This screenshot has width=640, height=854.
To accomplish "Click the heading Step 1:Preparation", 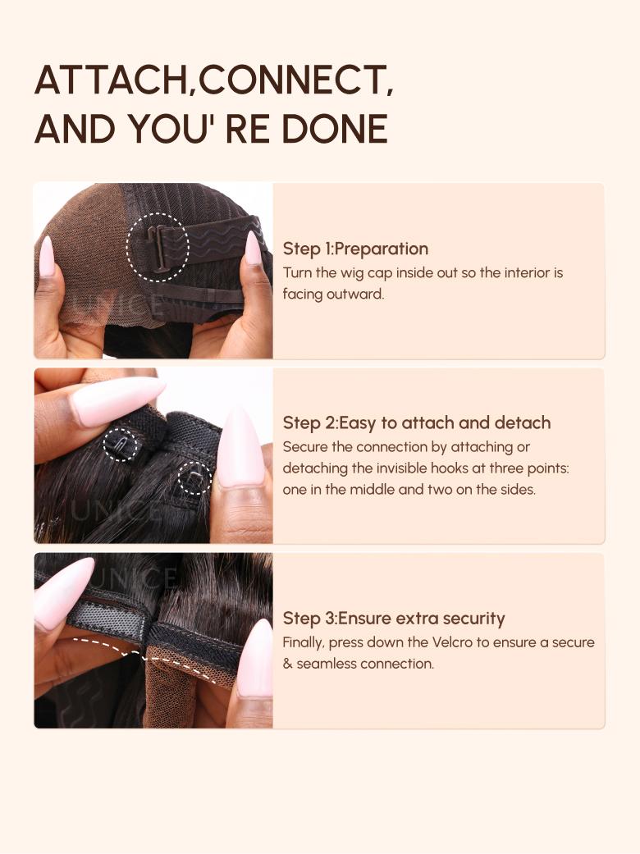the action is [355, 249].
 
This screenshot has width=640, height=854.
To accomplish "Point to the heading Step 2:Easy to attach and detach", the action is [417, 422].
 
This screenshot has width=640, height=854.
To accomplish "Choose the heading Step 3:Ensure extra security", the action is [394, 619].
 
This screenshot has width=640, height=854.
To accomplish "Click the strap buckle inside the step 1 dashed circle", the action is [157, 248].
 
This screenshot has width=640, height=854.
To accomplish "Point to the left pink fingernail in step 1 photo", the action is [47, 256].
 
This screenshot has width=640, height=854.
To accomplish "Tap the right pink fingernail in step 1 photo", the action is [253, 249].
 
